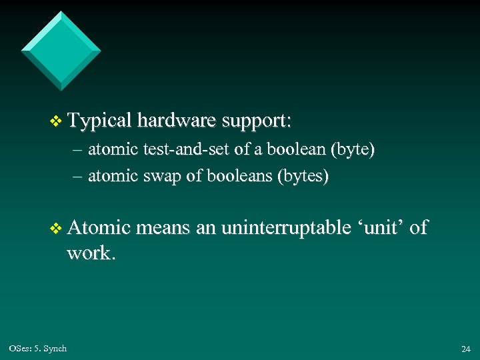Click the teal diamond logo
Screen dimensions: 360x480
pos(61,51)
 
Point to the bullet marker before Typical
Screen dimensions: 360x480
pos(56,122)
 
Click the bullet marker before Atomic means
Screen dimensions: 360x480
pos(56,229)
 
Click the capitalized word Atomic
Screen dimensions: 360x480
pos(98,228)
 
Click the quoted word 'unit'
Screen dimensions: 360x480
pos(381,228)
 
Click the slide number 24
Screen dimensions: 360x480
pos(465,349)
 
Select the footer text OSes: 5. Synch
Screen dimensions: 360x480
pos(38,349)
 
